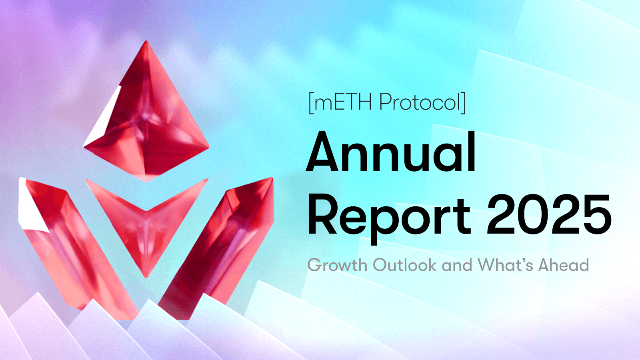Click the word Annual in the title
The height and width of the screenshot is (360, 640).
point(391,152)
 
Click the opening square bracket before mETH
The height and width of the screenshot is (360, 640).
point(311,103)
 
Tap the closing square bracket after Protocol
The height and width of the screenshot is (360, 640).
point(464,103)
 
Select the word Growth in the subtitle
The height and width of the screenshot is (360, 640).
point(338,265)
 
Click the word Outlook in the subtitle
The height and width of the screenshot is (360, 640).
point(404,265)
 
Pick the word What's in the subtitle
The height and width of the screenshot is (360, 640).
point(505,265)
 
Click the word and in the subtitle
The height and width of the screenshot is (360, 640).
point(457,265)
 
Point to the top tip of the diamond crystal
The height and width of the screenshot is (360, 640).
point(146,42)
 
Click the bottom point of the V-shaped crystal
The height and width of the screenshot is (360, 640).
point(146,276)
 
